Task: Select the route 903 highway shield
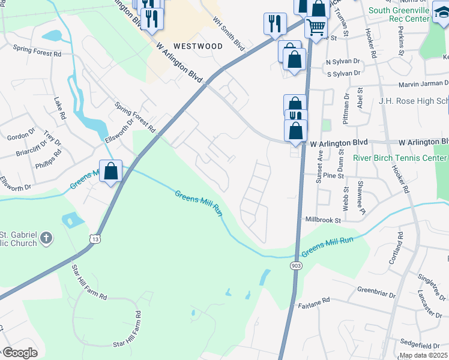click(295, 265)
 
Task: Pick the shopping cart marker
click(316, 26)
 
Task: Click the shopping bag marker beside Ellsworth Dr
click(111, 171)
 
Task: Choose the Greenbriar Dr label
click(376, 293)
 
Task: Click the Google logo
click(20, 353)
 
